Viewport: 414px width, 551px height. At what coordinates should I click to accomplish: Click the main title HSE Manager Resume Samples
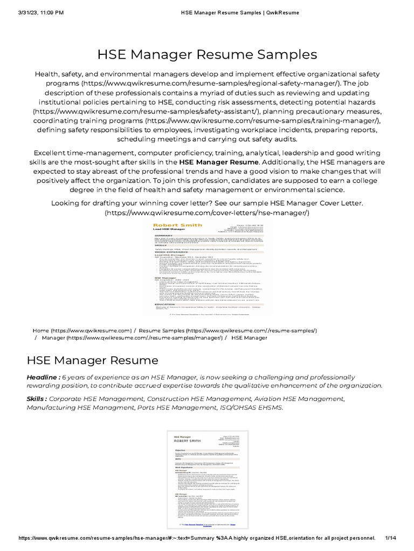pyautogui.click(x=207, y=54)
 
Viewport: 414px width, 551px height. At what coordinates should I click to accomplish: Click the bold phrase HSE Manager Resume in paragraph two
pyautogui.click(x=219, y=161)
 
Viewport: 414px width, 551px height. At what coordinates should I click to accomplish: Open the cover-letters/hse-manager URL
pyautogui.click(x=207, y=213)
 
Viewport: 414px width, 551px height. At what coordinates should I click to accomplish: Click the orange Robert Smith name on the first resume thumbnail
pyautogui.click(x=170, y=225)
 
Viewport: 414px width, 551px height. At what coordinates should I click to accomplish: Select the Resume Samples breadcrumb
pyautogui.click(x=228, y=330)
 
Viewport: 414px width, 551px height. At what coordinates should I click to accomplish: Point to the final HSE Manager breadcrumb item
pyautogui.click(x=249, y=338)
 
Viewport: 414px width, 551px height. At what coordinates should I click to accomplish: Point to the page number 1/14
pyautogui.click(x=391, y=538)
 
